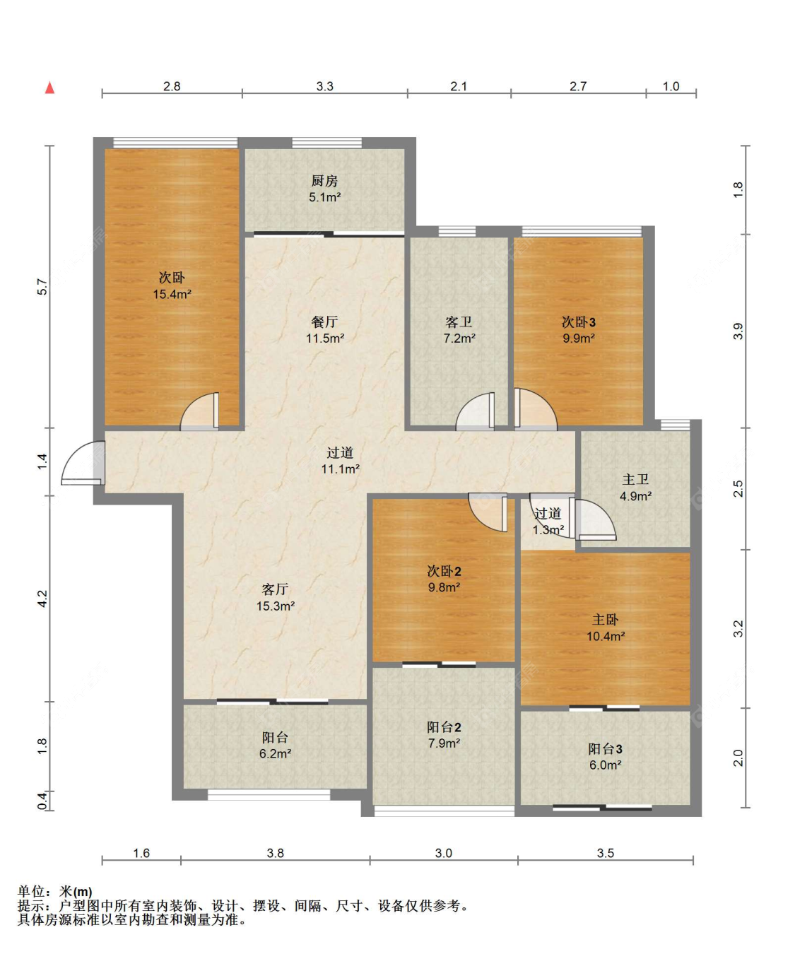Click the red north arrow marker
click(49, 88)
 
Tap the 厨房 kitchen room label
click(324, 181)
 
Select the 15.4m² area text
click(172, 294)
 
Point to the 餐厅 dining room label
click(324, 322)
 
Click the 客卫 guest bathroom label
click(459, 322)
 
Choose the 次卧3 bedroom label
click(579, 322)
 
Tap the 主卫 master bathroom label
click(635, 479)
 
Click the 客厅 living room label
click(275, 589)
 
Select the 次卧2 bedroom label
click(444, 570)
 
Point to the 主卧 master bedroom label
click(606, 619)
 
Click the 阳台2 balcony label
click(444, 726)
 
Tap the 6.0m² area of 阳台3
click(606, 765)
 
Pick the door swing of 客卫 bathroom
click(475, 411)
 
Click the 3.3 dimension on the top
click(325, 86)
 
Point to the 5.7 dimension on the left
click(42, 286)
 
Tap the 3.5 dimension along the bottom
click(606, 852)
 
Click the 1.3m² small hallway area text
click(548, 529)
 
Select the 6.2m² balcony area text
click(275, 753)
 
